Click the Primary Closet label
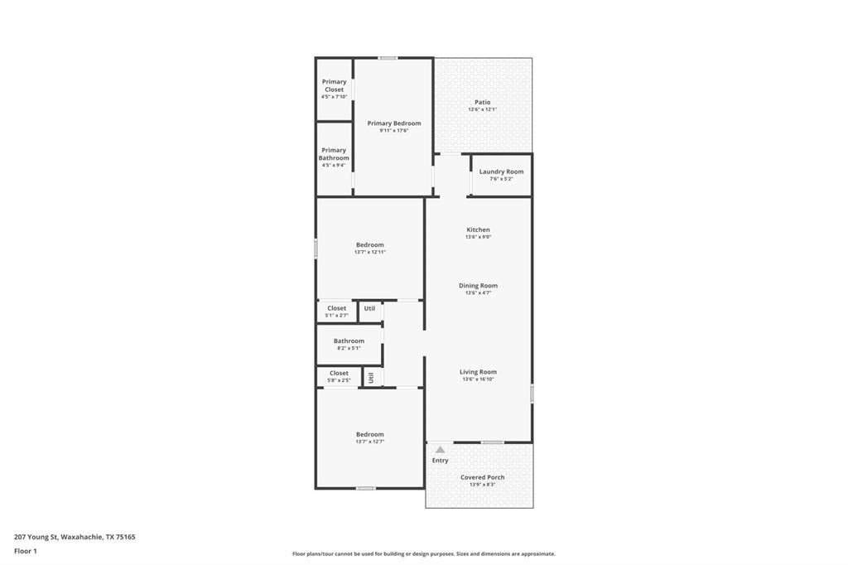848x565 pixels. [x=335, y=85]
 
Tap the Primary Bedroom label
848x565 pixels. [x=394, y=123]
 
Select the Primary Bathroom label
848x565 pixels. [x=335, y=154]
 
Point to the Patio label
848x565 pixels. [x=483, y=103]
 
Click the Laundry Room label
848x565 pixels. [x=501, y=171]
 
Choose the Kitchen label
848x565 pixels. [x=478, y=229]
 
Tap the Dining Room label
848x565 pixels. [x=478, y=286]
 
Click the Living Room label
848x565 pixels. [x=478, y=372]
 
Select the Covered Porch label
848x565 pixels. [x=482, y=477]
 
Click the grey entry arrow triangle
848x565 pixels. [x=441, y=450]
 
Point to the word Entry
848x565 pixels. [x=440, y=461]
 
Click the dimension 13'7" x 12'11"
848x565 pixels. [x=369, y=252]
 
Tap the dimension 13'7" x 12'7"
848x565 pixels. [x=369, y=442]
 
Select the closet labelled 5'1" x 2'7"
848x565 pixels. [x=336, y=311]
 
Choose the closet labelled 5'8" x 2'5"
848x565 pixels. [x=339, y=376]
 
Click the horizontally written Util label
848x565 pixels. [x=369, y=308]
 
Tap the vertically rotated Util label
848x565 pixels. [x=372, y=377]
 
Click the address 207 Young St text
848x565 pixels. [x=75, y=537]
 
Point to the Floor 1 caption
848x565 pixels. [x=26, y=551]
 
